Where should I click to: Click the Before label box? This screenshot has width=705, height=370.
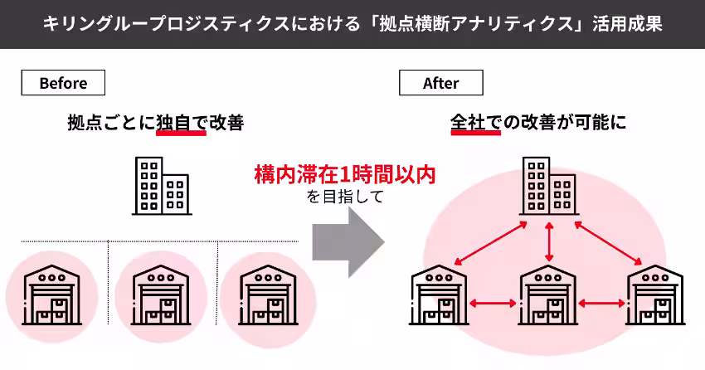click(x=63, y=83)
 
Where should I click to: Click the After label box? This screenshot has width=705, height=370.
click(x=440, y=83)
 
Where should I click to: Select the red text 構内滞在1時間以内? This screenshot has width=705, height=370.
click(x=344, y=176)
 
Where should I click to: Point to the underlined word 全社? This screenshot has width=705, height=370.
click(x=475, y=123)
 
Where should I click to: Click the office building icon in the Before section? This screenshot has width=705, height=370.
click(x=162, y=187)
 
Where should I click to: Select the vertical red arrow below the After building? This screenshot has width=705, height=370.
click(x=549, y=242)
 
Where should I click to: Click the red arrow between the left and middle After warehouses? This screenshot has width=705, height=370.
click(x=494, y=304)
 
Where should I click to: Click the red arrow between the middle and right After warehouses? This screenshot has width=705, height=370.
click(x=602, y=304)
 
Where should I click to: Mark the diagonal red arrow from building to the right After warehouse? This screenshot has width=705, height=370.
click(x=606, y=241)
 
